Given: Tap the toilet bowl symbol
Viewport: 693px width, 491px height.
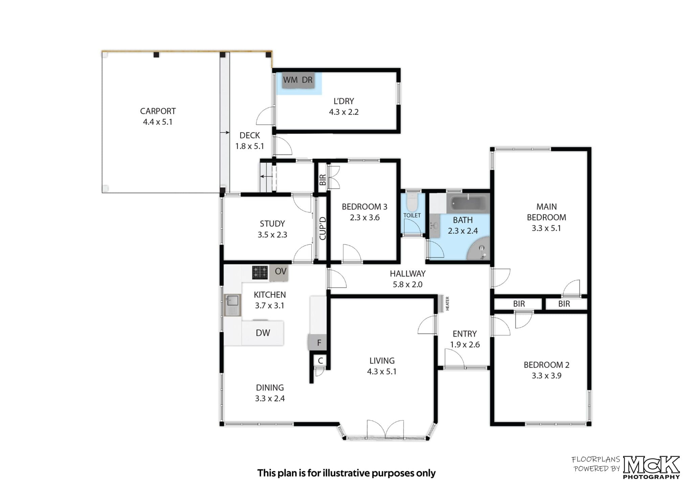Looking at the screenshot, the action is [x=412, y=202].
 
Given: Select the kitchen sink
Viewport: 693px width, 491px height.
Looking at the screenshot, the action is [x=232, y=305].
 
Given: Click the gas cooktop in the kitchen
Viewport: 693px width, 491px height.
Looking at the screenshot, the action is [x=260, y=272].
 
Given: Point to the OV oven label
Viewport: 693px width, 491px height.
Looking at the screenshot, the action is [x=281, y=271].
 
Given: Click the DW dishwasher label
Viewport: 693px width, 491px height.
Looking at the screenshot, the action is [x=263, y=333].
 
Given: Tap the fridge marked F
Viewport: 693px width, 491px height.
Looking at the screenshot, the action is [x=317, y=342].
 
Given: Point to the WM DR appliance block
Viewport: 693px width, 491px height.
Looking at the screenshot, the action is [x=298, y=80].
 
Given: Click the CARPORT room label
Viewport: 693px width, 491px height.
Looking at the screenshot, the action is [x=158, y=111].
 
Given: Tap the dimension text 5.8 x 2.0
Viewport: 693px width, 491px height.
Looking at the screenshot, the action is [x=407, y=285].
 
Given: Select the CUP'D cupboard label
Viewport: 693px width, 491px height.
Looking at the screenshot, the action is [x=322, y=228].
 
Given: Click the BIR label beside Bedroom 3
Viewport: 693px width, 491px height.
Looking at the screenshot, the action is [x=322, y=180].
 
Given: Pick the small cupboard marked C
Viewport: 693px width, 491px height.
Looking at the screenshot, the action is [x=320, y=361].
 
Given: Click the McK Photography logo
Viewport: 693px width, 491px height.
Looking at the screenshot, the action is [x=651, y=468].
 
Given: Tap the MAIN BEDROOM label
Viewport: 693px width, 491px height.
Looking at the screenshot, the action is [x=546, y=212].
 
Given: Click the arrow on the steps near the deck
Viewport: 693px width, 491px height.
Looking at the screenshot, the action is [x=266, y=176].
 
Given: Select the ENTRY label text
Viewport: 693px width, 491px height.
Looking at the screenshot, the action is [x=465, y=334].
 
